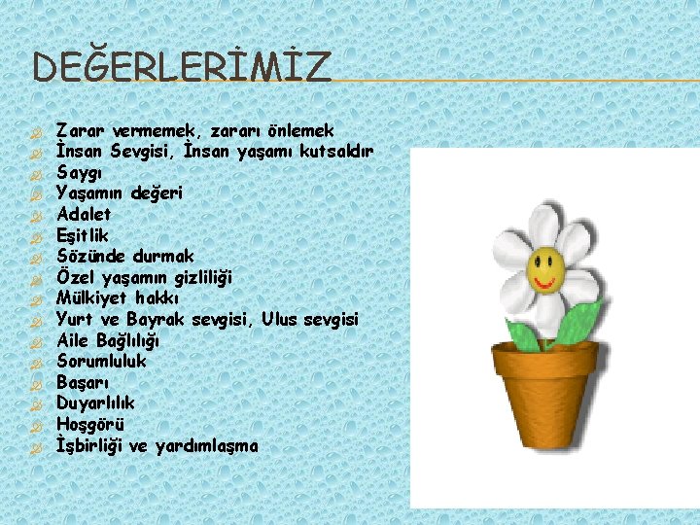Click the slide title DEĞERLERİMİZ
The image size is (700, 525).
coord(182,67)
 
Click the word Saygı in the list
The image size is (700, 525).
coord(77,172)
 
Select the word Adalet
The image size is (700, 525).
coord(84,214)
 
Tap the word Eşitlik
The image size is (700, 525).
coord(83,235)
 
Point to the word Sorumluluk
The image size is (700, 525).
coord(101,362)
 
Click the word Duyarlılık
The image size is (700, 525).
coord(95,402)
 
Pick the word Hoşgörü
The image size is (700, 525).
coord(89,424)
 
